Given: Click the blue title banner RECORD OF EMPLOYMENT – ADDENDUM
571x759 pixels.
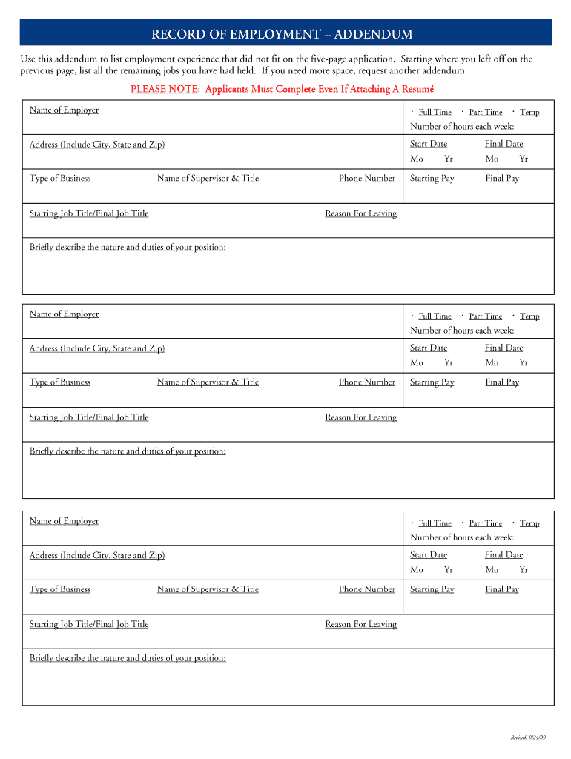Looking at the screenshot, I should click(x=285, y=34).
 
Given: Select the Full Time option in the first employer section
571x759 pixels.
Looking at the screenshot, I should click(x=435, y=113).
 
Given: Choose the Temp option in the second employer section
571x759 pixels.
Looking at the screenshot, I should click(x=529, y=316).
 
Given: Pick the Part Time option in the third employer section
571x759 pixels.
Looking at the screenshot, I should click(x=485, y=523).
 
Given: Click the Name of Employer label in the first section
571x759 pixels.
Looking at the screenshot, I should click(x=64, y=110).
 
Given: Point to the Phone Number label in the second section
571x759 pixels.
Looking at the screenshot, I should click(x=367, y=382).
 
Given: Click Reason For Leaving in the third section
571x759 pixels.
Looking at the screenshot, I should click(x=360, y=624).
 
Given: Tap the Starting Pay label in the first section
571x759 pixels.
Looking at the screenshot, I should click(x=432, y=179).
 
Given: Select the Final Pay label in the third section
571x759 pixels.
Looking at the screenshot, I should click(x=502, y=589).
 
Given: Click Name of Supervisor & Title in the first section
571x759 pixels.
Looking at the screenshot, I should click(x=208, y=179).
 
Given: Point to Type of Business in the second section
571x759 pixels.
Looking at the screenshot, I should click(x=60, y=382).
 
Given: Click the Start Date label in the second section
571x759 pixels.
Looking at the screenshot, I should click(x=429, y=348).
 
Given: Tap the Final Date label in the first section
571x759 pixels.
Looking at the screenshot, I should click(x=504, y=144).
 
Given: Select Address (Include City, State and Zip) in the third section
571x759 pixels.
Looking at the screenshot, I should click(x=97, y=555).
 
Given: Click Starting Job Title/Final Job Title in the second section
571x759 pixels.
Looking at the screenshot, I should click(x=89, y=417).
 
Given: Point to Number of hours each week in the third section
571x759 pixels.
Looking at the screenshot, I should click(x=462, y=537).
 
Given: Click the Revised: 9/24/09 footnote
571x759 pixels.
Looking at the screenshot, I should click(x=528, y=738).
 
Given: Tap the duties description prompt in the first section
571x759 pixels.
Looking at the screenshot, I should click(x=128, y=248).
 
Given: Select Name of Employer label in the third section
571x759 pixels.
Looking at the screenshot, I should click(x=64, y=521).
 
